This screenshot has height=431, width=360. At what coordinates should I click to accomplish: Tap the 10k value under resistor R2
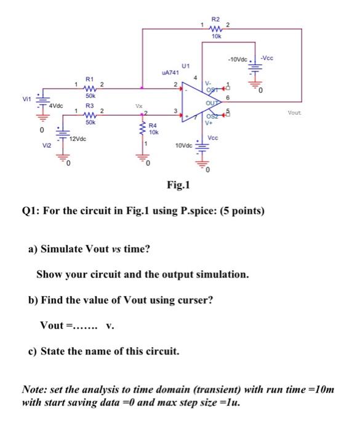coord(215,37)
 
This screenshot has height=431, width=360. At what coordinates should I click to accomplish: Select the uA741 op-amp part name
coord(169,73)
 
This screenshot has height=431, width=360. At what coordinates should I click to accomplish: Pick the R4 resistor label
coord(151,126)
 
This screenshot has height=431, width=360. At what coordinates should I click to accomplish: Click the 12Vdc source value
coord(77,140)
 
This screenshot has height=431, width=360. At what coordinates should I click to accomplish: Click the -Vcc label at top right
coord(268,58)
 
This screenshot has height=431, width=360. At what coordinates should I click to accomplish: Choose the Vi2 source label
coord(46,145)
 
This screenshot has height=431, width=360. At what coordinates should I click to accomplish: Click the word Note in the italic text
coord(34,390)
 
